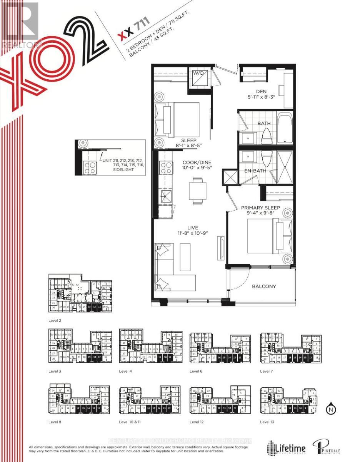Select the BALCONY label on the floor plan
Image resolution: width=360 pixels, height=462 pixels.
[264, 286]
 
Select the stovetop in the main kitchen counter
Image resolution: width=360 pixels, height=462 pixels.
[166, 168]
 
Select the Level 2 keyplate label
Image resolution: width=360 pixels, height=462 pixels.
[55, 320]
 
